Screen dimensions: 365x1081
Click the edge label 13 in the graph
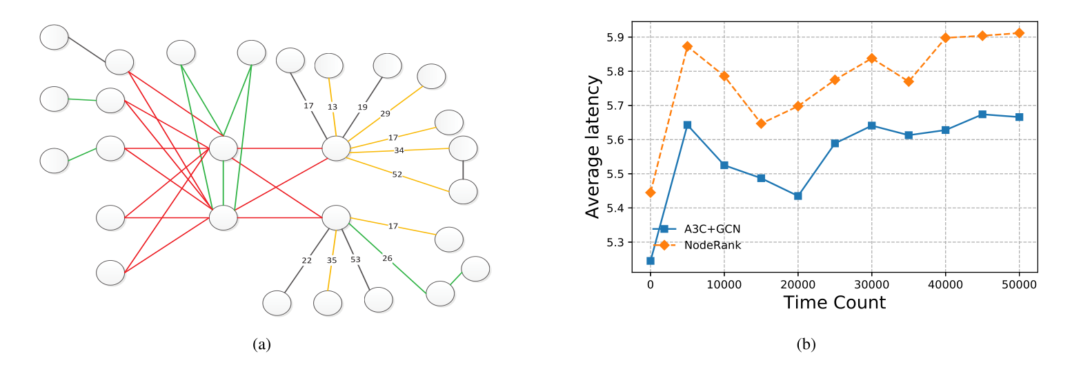click(333, 106)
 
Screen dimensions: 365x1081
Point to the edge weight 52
click(397, 175)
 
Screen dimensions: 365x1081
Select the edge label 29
click(386, 113)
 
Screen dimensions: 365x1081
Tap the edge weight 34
click(399, 150)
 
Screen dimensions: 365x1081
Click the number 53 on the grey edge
click(355, 259)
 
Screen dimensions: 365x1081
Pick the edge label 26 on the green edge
click(387, 258)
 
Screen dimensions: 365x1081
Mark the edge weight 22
click(307, 260)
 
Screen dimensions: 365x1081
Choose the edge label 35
click(332, 260)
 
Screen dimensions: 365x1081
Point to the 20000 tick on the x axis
click(797, 284)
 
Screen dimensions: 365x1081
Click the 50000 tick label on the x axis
click(1019, 284)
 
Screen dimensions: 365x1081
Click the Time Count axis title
click(834, 302)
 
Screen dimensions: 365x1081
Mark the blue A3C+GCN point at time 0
click(651, 261)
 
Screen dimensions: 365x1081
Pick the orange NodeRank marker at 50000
click(1019, 33)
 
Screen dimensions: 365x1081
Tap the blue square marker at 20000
click(798, 196)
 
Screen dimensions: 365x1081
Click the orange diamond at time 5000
click(687, 46)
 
